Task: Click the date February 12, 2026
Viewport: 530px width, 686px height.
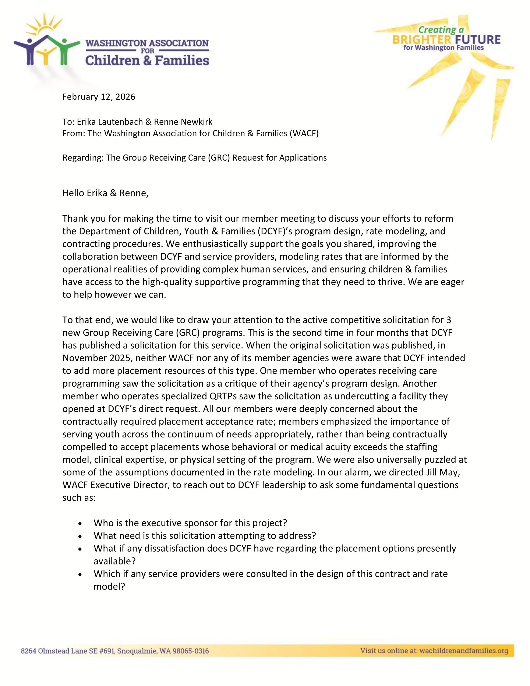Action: (99, 97)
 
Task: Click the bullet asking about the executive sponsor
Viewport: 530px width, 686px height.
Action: (190, 523)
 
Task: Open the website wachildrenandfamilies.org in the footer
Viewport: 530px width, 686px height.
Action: (463, 651)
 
